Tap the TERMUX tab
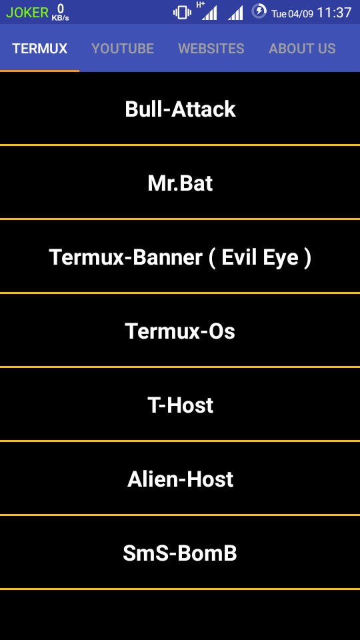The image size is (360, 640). (x=39, y=49)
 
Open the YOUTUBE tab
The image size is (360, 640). (x=123, y=49)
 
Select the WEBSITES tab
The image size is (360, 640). (x=211, y=49)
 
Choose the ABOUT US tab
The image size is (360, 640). (x=302, y=49)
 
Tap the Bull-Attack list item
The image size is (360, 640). (x=180, y=109)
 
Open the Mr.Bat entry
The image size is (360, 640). (x=180, y=184)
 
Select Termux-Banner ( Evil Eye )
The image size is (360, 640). (x=180, y=257)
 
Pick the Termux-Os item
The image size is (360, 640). (x=180, y=331)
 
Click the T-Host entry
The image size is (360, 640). (x=180, y=405)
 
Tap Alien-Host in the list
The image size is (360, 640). (x=180, y=479)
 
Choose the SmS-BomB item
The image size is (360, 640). (x=180, y=553)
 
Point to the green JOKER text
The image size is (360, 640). (x=27, y=13)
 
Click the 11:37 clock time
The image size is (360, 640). (x=334, y=13)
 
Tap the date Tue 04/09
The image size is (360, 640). (x=292, y=14)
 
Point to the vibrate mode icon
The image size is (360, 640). (x=182, y=12)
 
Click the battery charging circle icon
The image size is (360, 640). (x=259, y=11)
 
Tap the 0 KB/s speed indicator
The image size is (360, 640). (x=61, y=12)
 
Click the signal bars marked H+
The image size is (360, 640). (x=208, y=11)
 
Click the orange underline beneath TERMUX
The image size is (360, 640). (x=39, y=71)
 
